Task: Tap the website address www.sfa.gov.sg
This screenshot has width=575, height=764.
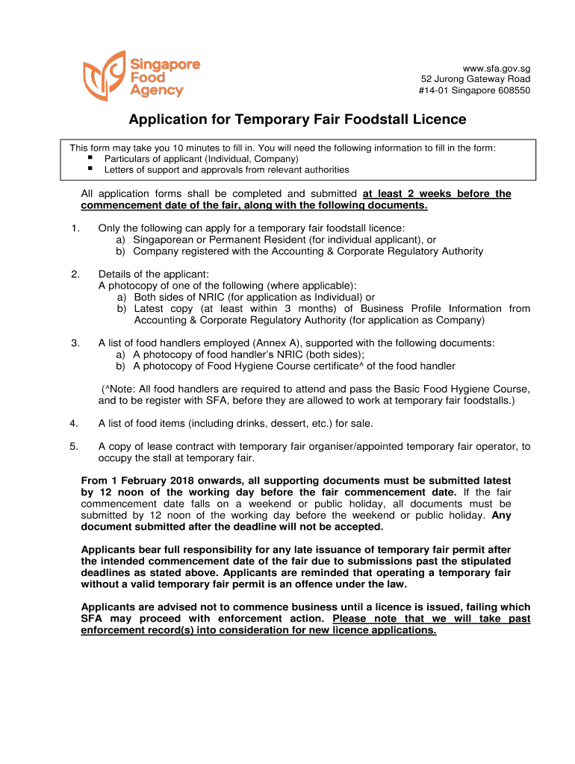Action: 497,68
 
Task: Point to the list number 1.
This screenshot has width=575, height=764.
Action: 75,228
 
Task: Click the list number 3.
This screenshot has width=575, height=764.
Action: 75,342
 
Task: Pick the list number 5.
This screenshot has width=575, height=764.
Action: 75,446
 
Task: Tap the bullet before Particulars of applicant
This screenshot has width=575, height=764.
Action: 90,158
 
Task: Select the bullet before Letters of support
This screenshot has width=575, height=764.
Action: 90,169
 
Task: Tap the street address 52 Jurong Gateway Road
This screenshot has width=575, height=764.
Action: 476,79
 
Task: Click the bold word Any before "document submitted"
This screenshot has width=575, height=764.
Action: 502,515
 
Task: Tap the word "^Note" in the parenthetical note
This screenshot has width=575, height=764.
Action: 120,389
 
